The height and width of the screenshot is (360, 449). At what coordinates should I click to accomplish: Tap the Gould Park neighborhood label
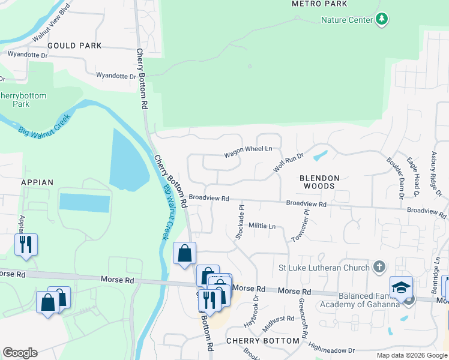click(x=74, y=46)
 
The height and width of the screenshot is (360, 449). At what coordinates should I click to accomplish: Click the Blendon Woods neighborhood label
click(x=320, y=182)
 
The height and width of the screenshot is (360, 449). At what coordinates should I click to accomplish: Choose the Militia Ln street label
click(x=262, y=226)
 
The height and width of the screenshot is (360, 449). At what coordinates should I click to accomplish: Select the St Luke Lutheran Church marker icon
click(x=379, y=266)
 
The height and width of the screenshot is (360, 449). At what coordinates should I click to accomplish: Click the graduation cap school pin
click(x=401, y=287)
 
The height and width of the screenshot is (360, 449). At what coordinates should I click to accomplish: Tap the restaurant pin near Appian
click(x=26, y=244)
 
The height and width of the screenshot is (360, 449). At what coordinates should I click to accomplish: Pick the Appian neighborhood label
click(x=37, y=182)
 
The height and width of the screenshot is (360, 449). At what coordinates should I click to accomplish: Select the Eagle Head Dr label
click(x=412, y=176)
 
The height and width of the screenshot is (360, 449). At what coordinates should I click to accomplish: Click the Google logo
click(x=20, y=353)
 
